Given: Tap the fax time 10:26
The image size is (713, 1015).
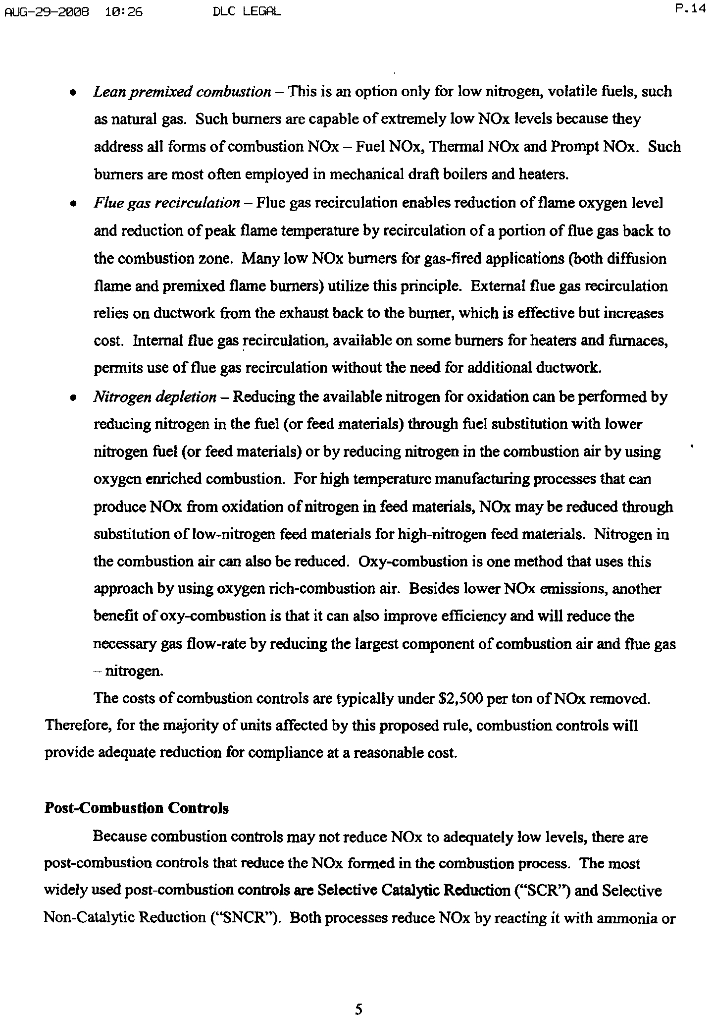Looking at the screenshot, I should tap(123, 11).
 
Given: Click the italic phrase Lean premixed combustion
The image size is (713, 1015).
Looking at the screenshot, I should tap(182, 92).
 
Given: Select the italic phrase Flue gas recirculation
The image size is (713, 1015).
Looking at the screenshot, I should tap(167, 203).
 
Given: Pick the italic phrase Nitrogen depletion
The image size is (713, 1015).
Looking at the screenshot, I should tap(155, 397).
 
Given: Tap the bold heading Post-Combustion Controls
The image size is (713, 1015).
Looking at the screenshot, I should tap(137, 808).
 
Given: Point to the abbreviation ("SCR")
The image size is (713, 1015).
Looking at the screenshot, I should tap(543, 891).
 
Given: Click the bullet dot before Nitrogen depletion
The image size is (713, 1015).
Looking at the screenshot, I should tap(73, 398).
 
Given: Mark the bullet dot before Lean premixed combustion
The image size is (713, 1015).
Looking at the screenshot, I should tap(73, 93).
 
